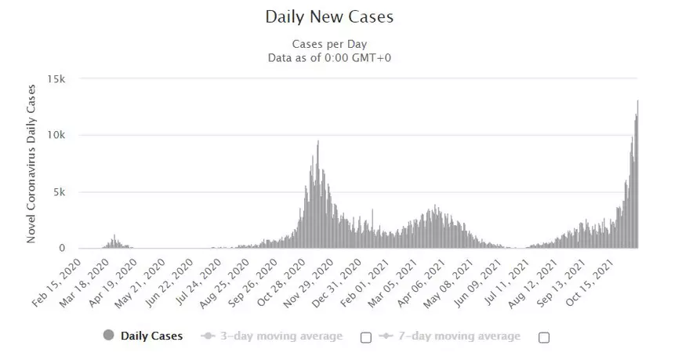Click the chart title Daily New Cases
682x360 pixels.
pos(329,16)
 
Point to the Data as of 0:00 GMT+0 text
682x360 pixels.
pos(329,57)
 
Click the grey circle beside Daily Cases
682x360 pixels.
pos(108,336)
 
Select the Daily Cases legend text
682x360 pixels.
pos(151,336)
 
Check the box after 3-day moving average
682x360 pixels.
pos(365,337)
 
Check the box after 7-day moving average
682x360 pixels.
pos(544,337)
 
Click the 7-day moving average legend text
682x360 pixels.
pos(460,336)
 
